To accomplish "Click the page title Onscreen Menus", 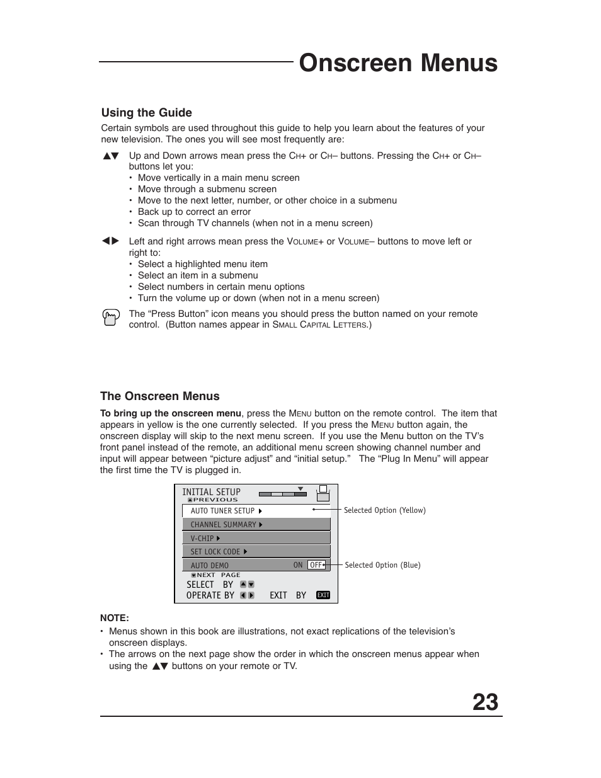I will click(x=398, y=63).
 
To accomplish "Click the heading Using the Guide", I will click(x=146, y=113).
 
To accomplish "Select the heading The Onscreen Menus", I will click(x=159, y=396).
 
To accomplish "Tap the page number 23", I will click(x=485, y=702).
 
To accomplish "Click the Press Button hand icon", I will click(x=110, y=317).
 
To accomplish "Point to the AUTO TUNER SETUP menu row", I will click(x=256, y=511).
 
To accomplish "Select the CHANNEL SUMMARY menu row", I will click(x=256, y=525).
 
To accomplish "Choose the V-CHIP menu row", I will click(x=256, y=539).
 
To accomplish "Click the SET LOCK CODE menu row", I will click(x=256, y=552).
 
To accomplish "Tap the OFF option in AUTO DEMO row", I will click(x=316, y=565).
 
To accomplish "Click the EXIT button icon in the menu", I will click(x=323, y=595).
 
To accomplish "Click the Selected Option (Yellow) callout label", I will click(x=384, y=510).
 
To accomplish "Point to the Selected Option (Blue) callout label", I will click(x=382, y=565).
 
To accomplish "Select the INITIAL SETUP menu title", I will click(x=211, y=492).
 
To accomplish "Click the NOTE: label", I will click(x=114, y=618).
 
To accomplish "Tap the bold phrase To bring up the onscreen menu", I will click(x=170, y=413).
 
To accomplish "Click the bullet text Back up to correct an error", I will click(x=194, y=212).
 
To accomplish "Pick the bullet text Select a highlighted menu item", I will click(x=202, y=264).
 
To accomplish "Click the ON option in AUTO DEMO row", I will click(x=298, y=565).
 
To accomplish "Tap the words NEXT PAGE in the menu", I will click(x=218, y=575).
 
